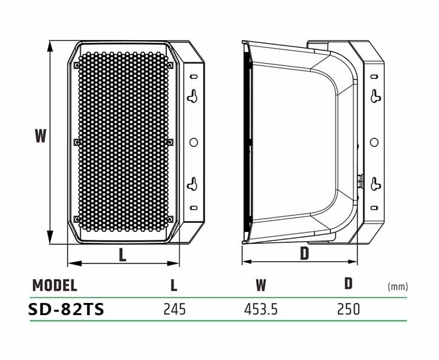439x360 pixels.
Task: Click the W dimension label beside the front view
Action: click(40, 136)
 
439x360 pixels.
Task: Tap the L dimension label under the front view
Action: click(123, 255)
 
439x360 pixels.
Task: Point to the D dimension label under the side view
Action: click(304, 254)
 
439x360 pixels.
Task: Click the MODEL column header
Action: click(55, 285)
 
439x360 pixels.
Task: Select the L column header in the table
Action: click(174, 285)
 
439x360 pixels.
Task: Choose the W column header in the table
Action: click(261, 285)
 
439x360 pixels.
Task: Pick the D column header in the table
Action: click(349, 284)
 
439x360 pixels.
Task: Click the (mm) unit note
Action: click(398, 287)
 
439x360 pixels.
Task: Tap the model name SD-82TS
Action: click(66, 309)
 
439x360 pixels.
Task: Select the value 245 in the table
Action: click(174, 310)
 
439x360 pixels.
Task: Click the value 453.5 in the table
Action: click(261, 310)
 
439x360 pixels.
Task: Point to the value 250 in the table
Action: click(349, 310)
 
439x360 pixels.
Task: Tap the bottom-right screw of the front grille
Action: click(170, 219)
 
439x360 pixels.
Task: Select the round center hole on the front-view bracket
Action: click(194, 141)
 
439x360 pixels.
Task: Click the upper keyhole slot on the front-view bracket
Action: click(194, 95)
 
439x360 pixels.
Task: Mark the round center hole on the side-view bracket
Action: click(375, 141)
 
